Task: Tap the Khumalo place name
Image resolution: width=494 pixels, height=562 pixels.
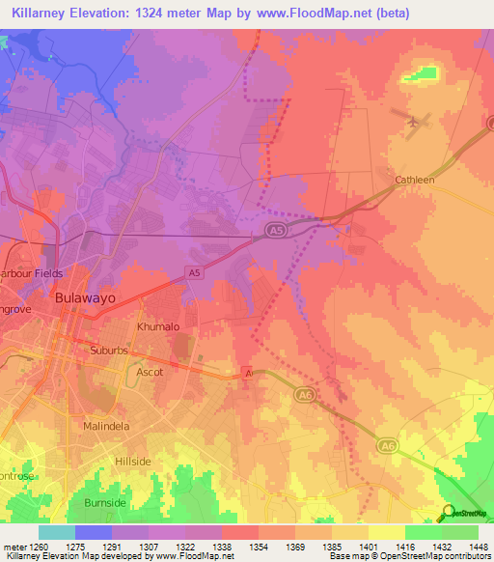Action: pyautogui.click(x=158, y=327)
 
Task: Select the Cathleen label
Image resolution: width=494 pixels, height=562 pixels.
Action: pyautogui.click(x=415, y=180)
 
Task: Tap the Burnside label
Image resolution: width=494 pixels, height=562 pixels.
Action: pyautogui.click(x=105, y=503)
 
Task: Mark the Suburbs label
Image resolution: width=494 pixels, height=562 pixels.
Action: pyautogui.click(x=109, y=351)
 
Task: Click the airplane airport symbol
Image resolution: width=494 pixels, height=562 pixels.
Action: pyautogui.click(x=416, y=122)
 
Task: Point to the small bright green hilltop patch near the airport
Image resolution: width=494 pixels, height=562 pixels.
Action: pyautogui.click(x=421, y=72)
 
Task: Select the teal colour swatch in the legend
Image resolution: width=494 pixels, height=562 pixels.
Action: pyautogui.click(x=56, y=532)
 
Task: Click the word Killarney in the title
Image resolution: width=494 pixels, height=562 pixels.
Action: pyautogui.click(x=36, y=13)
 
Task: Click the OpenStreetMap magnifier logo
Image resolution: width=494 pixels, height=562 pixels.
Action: pyautogui.click(x=449, y=512)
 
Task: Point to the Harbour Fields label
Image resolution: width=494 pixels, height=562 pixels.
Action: pyautogui.click(x=32, y=273)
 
